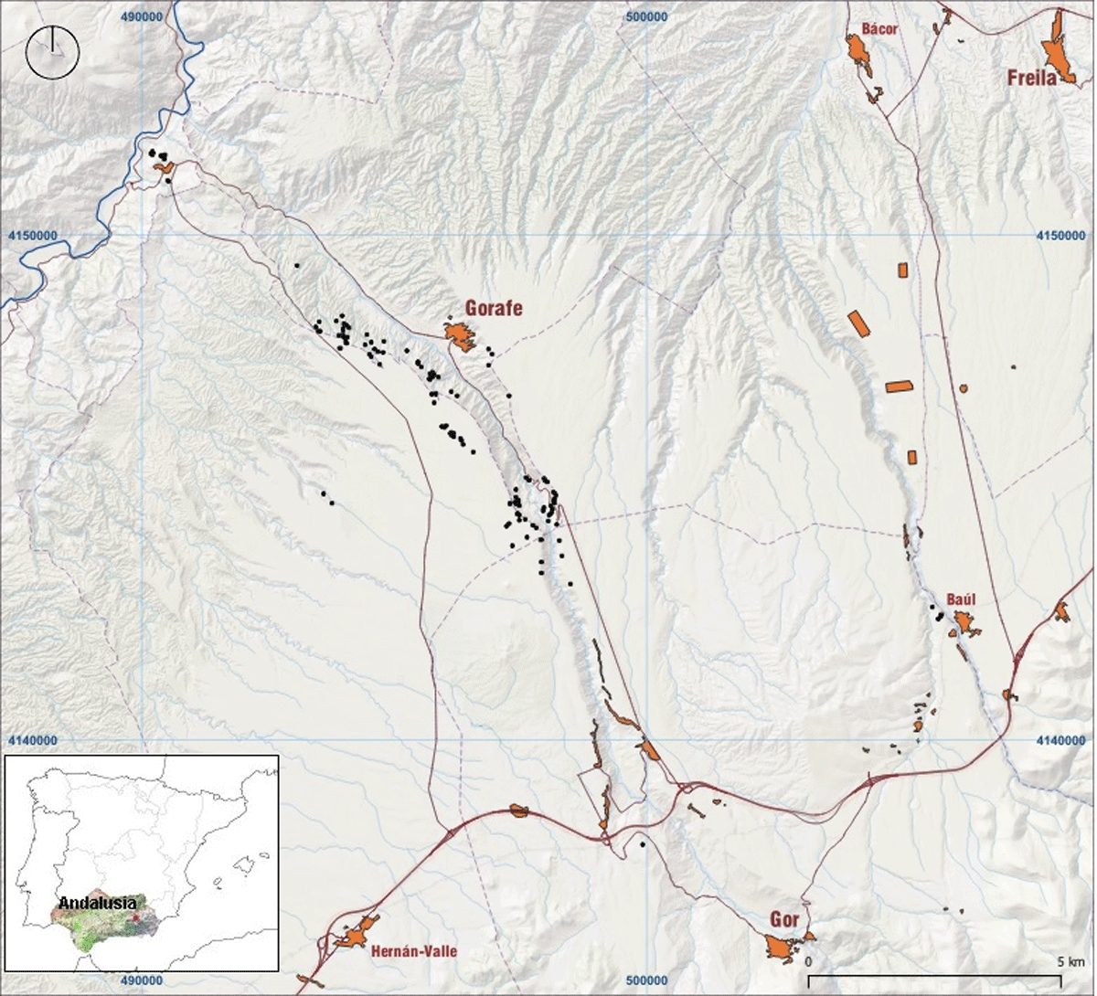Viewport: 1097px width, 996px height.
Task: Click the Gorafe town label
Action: [494, 308]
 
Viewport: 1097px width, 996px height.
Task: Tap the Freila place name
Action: [1032, 78]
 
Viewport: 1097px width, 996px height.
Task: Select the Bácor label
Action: [880, 29]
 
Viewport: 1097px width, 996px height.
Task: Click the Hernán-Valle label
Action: [414, 951]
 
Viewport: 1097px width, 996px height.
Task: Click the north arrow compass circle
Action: [53, 52]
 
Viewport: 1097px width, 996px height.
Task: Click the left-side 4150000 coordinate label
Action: [33, 235]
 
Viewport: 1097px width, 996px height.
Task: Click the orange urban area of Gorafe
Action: [459, 336]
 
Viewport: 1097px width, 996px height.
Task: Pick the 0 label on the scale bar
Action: [808, 962]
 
